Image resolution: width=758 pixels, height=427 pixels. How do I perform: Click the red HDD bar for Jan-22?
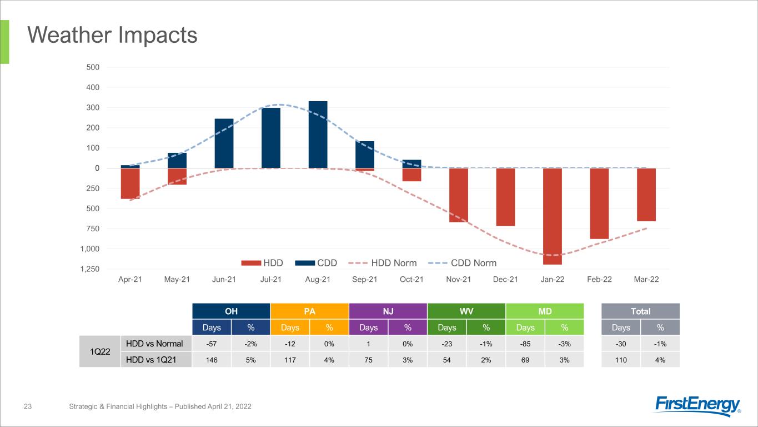(552, 216)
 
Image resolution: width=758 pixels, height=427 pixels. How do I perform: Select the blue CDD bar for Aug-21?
(318, 135)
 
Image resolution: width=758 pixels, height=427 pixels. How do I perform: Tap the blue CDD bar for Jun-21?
(224, 143)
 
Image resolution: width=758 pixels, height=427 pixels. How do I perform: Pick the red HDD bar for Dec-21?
(505, 197)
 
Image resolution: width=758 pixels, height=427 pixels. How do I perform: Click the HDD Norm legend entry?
(383, 263)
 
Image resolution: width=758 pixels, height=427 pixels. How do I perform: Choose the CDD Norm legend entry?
(462, 263)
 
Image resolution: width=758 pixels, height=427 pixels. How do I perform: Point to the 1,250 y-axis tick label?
(89, 269)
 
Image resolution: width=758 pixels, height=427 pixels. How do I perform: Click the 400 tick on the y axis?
(93, 87)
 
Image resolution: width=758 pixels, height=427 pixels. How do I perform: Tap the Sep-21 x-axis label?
(364, 279)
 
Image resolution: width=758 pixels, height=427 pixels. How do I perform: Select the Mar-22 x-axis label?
(646, 279)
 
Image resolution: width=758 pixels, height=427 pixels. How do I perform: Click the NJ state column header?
(388, 311)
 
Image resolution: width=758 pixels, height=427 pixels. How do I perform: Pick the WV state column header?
(466, 311)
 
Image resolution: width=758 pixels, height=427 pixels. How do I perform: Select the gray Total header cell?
(641, 311)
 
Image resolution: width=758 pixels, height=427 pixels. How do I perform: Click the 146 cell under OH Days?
(212, 360)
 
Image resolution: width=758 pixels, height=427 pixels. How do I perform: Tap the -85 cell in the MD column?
(525, 344)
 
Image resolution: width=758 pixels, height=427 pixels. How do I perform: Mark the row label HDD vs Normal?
(154, 344)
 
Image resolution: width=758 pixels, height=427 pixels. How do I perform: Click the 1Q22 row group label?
(100, 352)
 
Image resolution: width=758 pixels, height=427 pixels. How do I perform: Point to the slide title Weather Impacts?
(112, 35)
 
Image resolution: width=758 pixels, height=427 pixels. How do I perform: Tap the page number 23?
(28, 406)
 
